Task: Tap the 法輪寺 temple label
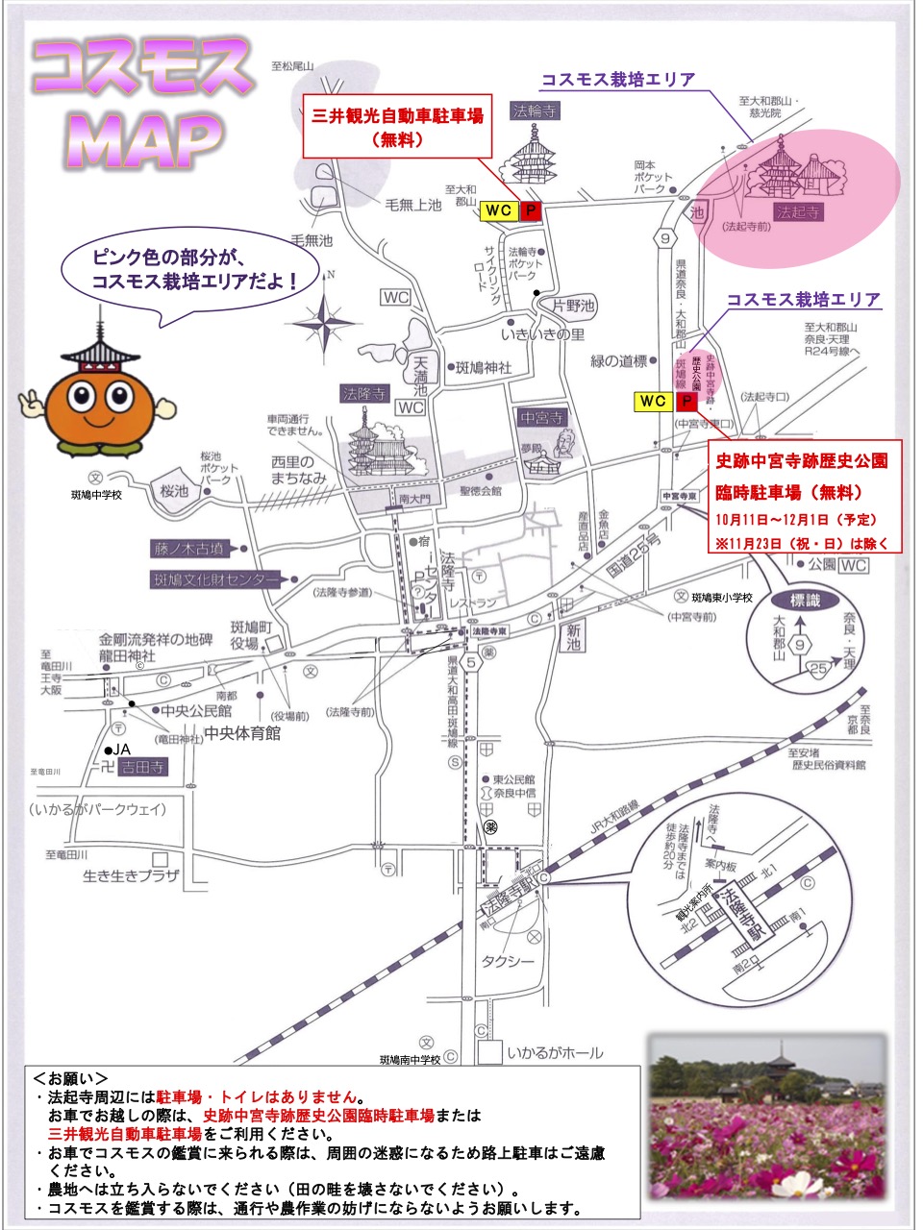(x=536, y=111)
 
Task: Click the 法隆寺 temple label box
(x=363, y=394)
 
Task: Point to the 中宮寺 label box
(x=542, y=418)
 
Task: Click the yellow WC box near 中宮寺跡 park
(x=653, y=402)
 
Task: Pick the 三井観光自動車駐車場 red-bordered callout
(x=398, y=126)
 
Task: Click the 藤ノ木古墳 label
(x=189, y=549)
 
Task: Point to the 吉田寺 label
(x=142, y=767)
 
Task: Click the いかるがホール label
(x=555, y=1052)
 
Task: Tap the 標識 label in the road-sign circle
(x=806, y=601)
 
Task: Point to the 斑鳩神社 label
(x=484, y=368)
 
